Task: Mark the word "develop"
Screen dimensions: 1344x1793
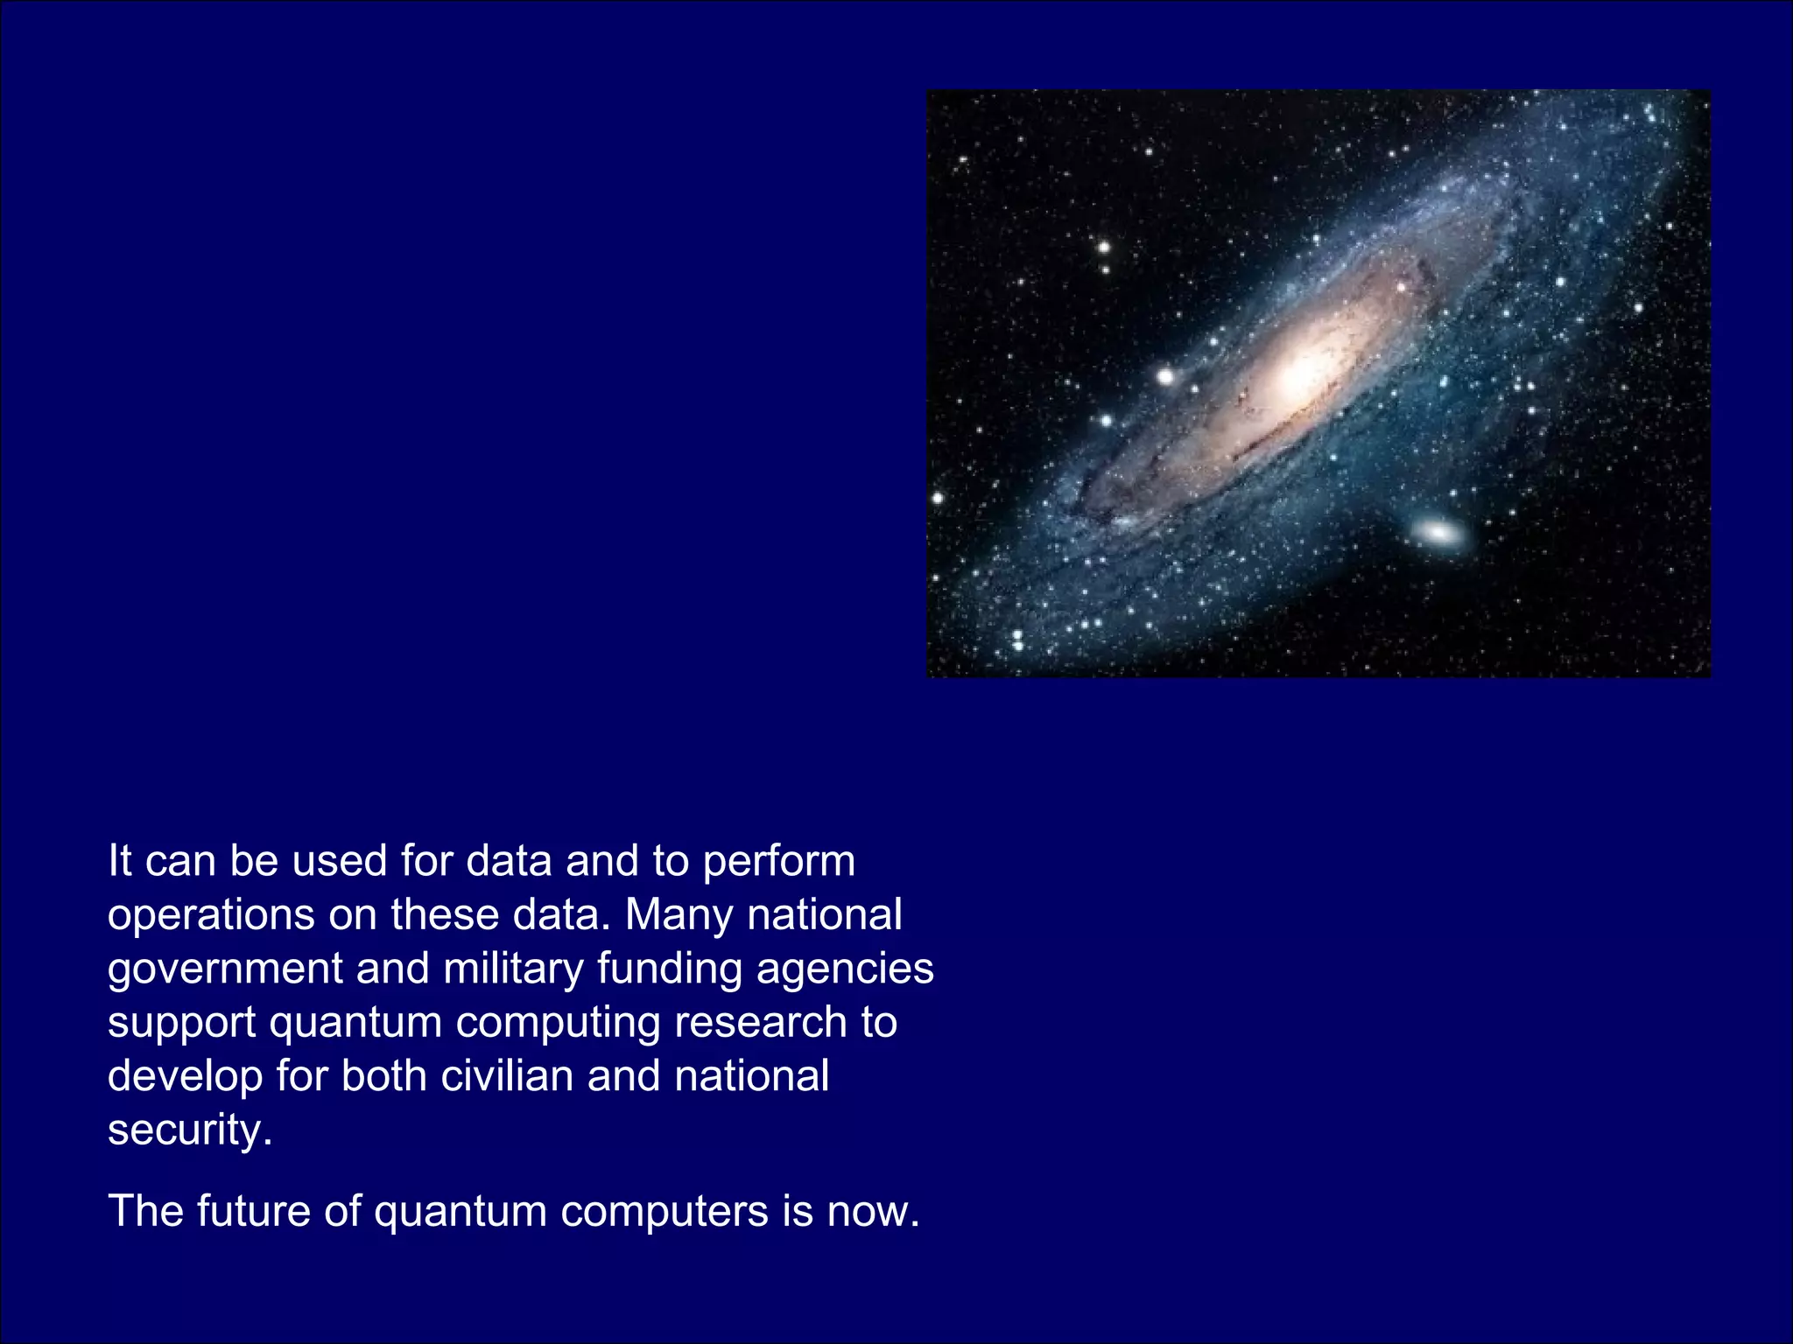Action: click(x=185, y=1077)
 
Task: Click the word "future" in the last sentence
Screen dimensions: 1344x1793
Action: click(x=253, y=1212)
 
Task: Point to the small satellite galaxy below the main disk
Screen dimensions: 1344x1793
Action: click(x=1436, y=531)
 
